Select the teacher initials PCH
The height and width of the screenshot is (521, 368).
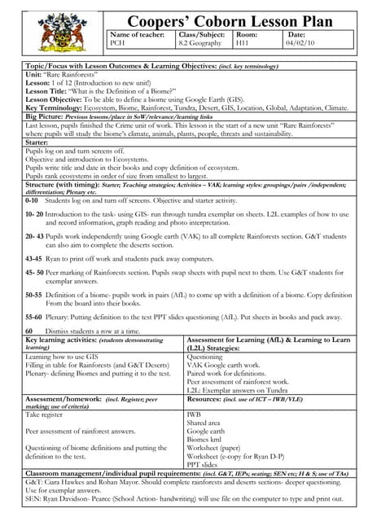point(119,44)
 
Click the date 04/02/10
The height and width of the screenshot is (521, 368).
point(300,44)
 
